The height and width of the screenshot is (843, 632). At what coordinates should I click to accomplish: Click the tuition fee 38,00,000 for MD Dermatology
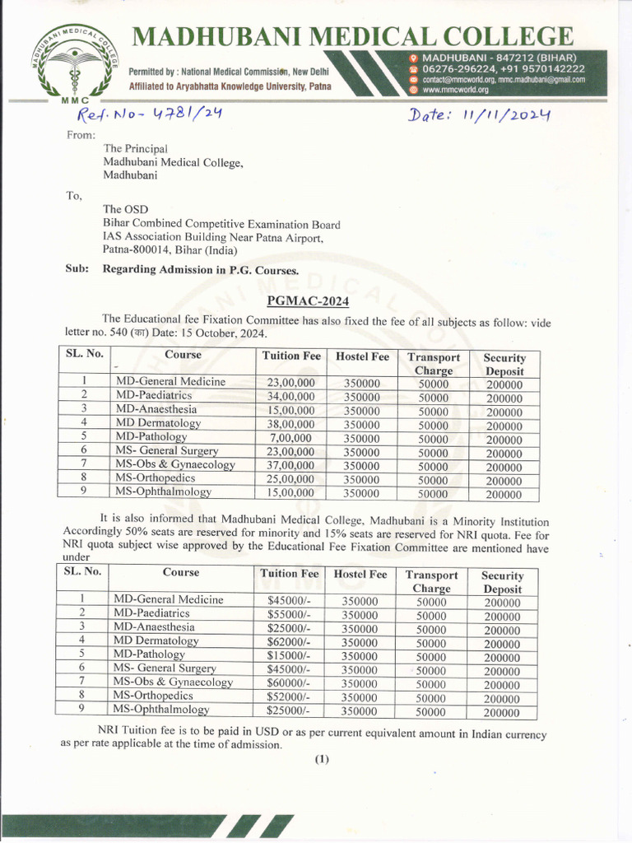tap(290, 423)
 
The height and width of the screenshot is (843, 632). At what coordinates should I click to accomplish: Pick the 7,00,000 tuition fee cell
tap(290, 437)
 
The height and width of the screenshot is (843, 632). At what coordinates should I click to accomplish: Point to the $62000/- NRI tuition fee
tap(289, 641)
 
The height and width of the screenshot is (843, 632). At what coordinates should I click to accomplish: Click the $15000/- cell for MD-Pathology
tap(289, 655)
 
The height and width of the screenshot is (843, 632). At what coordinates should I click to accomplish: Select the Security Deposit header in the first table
tap(504, 364)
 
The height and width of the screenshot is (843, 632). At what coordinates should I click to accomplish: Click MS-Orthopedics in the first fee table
tap(156, 478)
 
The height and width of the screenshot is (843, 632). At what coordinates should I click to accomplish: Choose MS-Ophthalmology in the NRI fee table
tap(161, 710)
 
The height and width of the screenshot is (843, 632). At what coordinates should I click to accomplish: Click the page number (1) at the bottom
tap(321, 760)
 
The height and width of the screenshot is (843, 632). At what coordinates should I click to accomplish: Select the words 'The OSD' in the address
tap(126, 209)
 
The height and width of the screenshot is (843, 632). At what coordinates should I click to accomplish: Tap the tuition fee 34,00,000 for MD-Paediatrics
tap(290, 396)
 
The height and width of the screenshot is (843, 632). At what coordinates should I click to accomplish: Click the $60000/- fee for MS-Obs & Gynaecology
tap(289, 682)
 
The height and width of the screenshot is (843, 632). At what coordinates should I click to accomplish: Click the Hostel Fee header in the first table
tap(362, 356)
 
